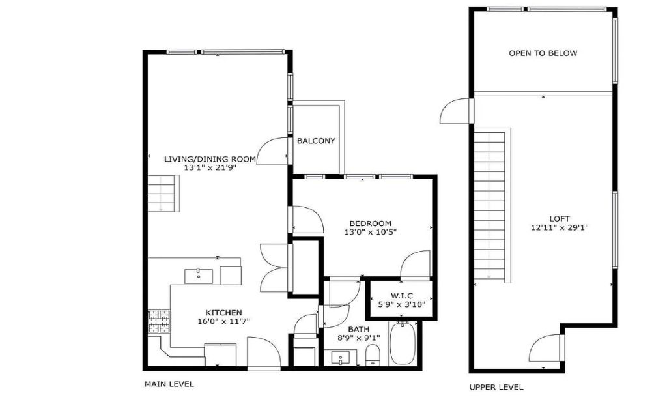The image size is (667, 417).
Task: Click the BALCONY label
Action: (x=316, y=141)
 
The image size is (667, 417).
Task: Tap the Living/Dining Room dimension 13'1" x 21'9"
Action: (x=210, y=167)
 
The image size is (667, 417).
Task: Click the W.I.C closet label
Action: (x=401, y=296)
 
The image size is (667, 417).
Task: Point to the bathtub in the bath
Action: (x=402, y=343)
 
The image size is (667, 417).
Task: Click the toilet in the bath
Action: (x=373, y=355)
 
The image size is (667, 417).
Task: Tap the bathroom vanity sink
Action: (x=341, y=358)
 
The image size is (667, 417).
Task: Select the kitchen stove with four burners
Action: (x=159, y=321)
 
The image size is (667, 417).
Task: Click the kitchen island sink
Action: (x=199, y=276)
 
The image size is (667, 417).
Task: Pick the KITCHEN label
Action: (x=224, y=313)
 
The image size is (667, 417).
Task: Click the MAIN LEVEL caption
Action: (x=169, y=384)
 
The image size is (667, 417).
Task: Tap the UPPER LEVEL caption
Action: (x=496, y=387)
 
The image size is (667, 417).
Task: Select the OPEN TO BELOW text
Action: (x=543, y=53)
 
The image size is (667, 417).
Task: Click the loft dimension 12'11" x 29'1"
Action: (x=560, y=227)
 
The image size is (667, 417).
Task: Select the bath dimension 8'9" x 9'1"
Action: (x=359, y=338)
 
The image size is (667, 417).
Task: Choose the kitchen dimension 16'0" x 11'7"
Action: (x=224, y=322)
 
